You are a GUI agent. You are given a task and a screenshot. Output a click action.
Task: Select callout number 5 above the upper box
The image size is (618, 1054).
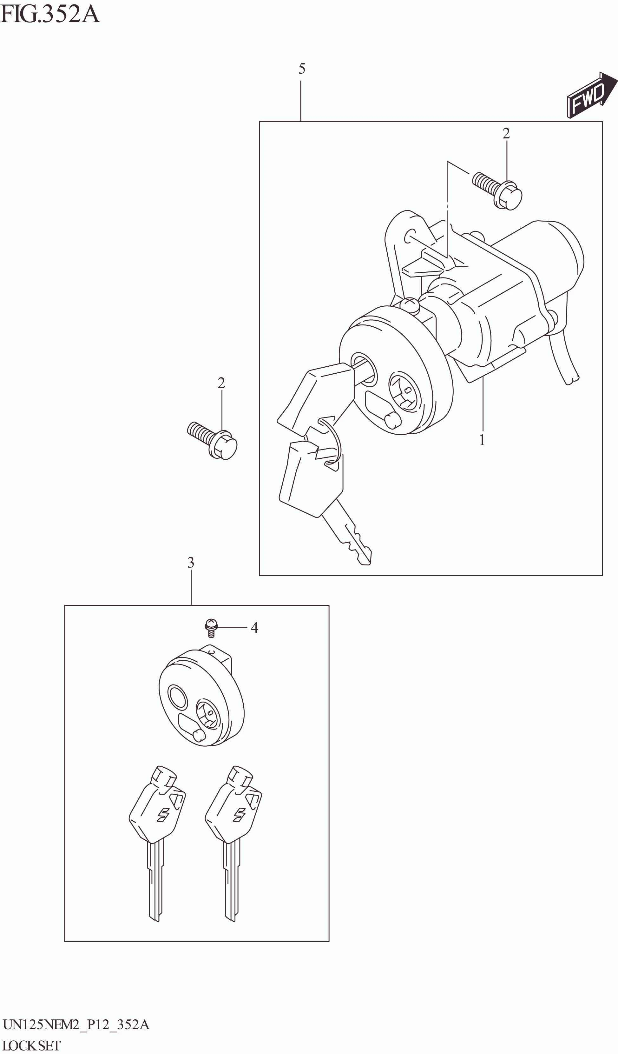pyautogui.click(x=302, y=69)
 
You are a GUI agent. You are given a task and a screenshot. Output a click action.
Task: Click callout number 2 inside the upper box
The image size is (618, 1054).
pyautogui.click(x=506, y=133)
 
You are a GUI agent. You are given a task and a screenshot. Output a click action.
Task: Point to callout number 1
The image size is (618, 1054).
pyautogui.click(x=482, y=440)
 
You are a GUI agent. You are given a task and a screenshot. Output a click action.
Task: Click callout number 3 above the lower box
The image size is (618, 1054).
pyautogui.click(x=191, y=563)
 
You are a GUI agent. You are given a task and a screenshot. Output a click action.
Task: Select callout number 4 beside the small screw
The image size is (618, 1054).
pyautogui.click(x=254, y=627)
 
